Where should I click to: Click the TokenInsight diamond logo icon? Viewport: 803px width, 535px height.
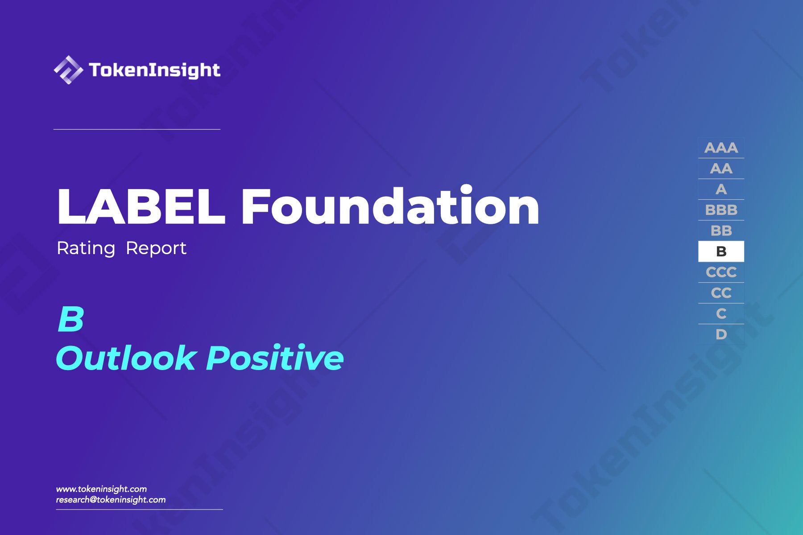tap(68, 70)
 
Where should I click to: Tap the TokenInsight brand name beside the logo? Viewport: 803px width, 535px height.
tap(154, 70)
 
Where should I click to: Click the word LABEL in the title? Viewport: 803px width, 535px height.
tap(141, 207)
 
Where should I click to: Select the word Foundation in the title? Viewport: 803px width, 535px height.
tap(390, 207)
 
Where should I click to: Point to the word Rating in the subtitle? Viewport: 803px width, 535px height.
tap(86, 248)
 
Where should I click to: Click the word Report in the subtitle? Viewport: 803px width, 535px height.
tap(156, 248)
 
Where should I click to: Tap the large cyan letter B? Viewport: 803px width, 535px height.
tap(71, 319)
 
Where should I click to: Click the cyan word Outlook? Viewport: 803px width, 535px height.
tap(126, 358)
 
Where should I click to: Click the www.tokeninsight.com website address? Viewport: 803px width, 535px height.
tap(101, 489)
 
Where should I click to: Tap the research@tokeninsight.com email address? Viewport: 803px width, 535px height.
tap(111, 500)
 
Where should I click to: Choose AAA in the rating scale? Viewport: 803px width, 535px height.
tap(721, 148)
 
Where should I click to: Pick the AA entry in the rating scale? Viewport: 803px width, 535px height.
tap(721, 169)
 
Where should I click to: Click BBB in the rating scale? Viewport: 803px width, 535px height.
tap(721, 210)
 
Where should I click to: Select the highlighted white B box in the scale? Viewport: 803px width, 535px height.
tap(721, 251)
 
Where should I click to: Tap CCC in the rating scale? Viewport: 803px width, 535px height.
tap(721, 272)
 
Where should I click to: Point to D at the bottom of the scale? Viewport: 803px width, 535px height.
tap(721, 334)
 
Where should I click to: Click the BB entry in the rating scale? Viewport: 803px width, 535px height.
tap(721, 231)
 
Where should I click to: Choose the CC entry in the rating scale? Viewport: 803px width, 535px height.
tap(721, 293)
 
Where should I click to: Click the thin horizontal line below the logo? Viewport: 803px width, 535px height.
tap(137, 129)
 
